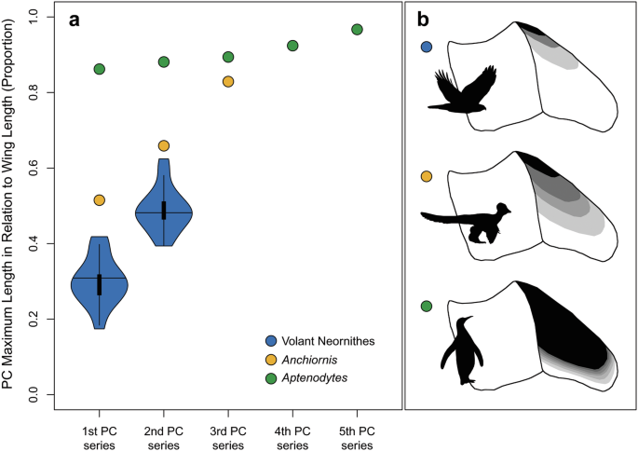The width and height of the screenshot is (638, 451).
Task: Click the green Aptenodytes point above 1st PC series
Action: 100,69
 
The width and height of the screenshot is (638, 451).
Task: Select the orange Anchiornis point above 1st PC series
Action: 100,200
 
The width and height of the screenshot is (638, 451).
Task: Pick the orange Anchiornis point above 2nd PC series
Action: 164,145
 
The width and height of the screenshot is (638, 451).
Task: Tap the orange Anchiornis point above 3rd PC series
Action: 228,81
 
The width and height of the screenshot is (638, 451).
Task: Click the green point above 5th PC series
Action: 357,29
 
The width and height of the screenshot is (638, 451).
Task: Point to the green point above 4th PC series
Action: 292,46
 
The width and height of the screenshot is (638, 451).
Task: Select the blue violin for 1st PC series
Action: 100,280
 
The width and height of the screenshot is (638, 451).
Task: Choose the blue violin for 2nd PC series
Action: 164,213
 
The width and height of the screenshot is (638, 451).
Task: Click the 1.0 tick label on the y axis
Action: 34,16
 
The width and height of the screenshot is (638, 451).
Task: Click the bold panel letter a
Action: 74,21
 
